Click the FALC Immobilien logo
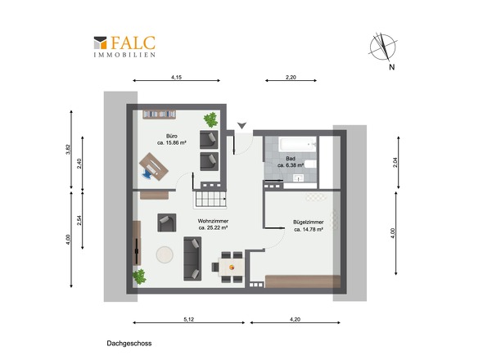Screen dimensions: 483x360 coord(124,47)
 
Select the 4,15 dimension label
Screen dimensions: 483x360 coord(176,77)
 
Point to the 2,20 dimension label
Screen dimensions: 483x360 coord(291,77)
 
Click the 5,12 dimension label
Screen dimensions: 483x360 coord(189,319)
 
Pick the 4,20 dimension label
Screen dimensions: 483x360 coord(295,319)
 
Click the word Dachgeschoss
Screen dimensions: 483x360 coord(129,344)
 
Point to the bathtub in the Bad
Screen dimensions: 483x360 coord(297,145)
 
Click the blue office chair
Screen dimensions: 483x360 coord(147,173)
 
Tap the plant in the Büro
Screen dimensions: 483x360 coord(210,119)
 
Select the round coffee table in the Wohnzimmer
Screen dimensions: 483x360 coord(165,254)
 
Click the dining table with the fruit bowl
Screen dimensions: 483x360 coord(232,267)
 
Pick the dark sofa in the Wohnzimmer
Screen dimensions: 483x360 coord(192,259)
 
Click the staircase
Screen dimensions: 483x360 coord(210,199)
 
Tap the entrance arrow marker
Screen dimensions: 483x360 coord(241,125)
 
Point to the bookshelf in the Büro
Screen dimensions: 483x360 coord(160,115)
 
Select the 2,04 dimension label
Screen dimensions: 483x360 coord(395,162)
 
